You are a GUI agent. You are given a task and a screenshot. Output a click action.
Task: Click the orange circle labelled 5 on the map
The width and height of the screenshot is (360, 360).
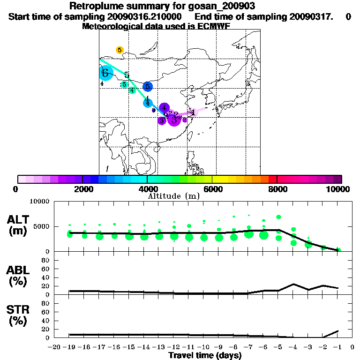point(120,50)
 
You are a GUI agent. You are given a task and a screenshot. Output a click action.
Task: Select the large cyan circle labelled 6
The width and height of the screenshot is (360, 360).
point(106,73)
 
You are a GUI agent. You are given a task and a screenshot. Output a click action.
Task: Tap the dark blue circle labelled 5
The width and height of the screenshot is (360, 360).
point(148,86)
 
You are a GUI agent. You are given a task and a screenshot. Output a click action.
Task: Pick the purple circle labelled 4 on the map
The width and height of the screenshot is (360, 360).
point(164,108)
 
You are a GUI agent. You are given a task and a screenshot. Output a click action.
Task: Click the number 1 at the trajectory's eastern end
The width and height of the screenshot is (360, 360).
point(193,112)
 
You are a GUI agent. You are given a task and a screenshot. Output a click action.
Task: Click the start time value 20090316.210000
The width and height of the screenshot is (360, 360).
point(142,16)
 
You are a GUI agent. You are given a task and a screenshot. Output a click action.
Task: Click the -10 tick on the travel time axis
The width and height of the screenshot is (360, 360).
point(204,347)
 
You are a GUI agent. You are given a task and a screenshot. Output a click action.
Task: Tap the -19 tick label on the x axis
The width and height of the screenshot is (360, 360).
point(69,347)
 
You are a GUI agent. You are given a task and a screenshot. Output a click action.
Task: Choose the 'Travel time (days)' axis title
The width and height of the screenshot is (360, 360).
point(205,355)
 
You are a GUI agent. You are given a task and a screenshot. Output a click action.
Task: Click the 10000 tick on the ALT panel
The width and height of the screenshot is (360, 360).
point(40,202)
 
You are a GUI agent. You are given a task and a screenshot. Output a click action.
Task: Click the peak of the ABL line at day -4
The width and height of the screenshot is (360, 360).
point(293,284)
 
